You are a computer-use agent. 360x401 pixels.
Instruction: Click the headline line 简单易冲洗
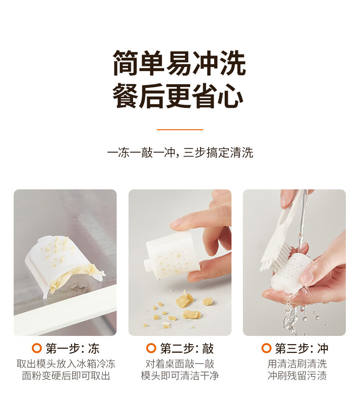pos(180,63)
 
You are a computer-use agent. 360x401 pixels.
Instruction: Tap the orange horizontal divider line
pos(180,130)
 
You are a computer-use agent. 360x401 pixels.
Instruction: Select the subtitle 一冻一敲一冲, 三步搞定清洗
pos(180,152)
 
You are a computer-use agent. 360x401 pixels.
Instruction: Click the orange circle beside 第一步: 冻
pos(36,348)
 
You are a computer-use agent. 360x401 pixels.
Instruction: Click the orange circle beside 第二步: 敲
pos(151,348)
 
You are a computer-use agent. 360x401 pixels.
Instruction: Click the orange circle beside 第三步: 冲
pos(266,348)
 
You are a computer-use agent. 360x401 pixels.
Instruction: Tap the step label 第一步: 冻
pos(72,348)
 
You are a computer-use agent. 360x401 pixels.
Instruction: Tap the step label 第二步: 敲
pos(187,348)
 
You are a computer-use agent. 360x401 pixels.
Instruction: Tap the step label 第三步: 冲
pos(302,348)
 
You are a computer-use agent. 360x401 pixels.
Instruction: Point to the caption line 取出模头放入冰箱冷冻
pos(66,364)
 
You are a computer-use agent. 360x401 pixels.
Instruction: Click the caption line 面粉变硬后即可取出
pos(66,376)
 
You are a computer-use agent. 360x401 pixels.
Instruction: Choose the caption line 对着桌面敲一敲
pos(180,364)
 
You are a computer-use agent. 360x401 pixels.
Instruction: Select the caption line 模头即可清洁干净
pos(180,376)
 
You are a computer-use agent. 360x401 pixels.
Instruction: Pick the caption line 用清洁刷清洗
pos(297,364)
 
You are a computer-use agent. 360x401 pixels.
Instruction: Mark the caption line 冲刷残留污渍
pos(297,376)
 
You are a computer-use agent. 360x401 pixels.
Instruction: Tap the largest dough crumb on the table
pos(184,299)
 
